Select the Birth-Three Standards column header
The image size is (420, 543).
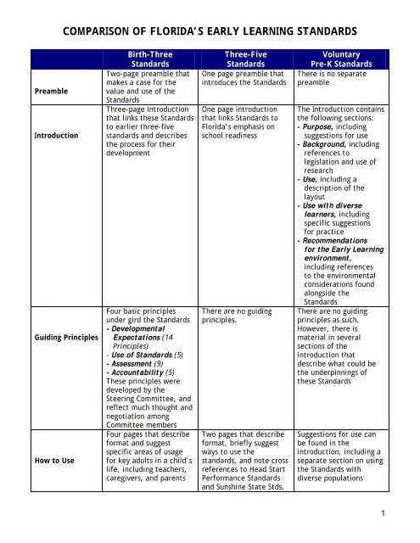(149, 57)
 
